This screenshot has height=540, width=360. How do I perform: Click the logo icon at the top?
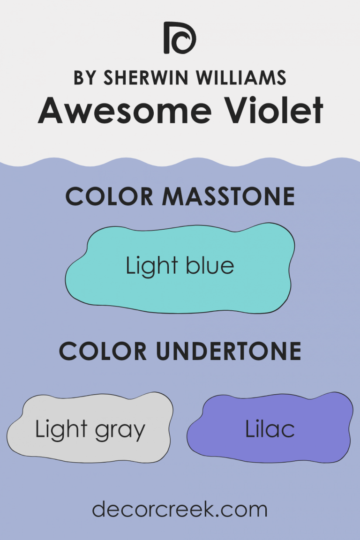pos(180,37)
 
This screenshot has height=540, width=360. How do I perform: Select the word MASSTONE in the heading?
pos(228,197)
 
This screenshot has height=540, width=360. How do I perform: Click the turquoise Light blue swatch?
pos(180,291)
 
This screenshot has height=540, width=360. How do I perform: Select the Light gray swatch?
pos(89,450)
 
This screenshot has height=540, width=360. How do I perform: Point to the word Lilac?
pos(270,429)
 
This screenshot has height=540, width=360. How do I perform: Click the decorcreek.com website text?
pos(180,510)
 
